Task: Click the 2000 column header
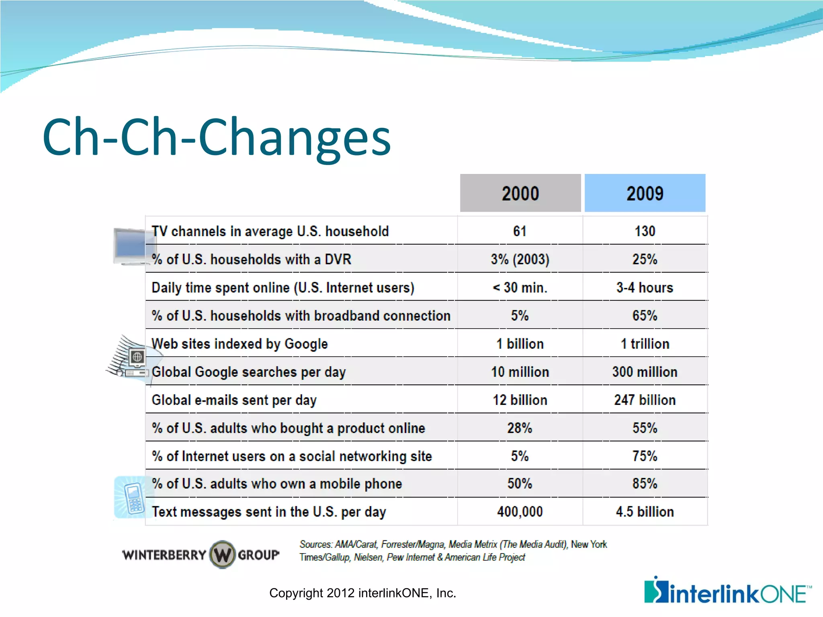[x=520, y=193]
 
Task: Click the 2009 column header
[x=645, y=193]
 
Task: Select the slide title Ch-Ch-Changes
[x=217, y=137]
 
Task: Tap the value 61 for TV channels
[x=520, y=231]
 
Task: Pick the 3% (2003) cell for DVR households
[x=520, y=259]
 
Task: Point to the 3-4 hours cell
[x=645, y=288]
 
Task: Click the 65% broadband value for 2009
[x=645, y=316]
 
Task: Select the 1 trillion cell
[x=645, y=344]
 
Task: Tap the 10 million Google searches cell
[x=520, y=372]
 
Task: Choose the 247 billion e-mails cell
[x=645, y=400]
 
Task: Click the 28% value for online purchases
[x=520, y=428]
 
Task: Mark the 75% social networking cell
[x=645, y=456]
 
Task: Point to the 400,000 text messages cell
[x=520, y=512]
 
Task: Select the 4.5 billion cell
[x=645, y=512]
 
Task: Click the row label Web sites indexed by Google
[x=240, y=344]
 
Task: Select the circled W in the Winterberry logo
[x=222, y=555]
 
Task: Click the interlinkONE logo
[x=727, y=591]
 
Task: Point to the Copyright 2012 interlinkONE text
[x=362, y=593]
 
